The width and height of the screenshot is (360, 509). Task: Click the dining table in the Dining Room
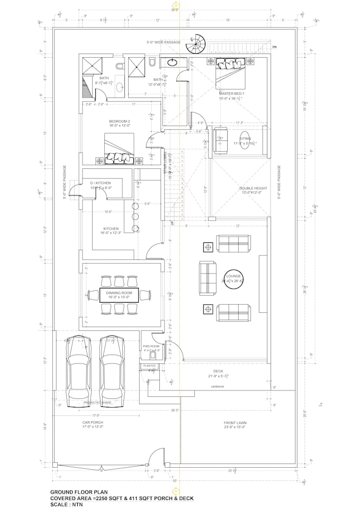pyautogui.click(x=119, y=295)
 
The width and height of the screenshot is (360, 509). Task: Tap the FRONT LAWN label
pyautogui.click(x=235, y=423)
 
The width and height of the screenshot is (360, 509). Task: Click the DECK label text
pyautogui.click(x=218, y=371)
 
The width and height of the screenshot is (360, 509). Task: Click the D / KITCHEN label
pyautogui.click(x=101, y=183)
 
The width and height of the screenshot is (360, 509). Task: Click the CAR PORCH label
pyautogui.click(x=92, y=423)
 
